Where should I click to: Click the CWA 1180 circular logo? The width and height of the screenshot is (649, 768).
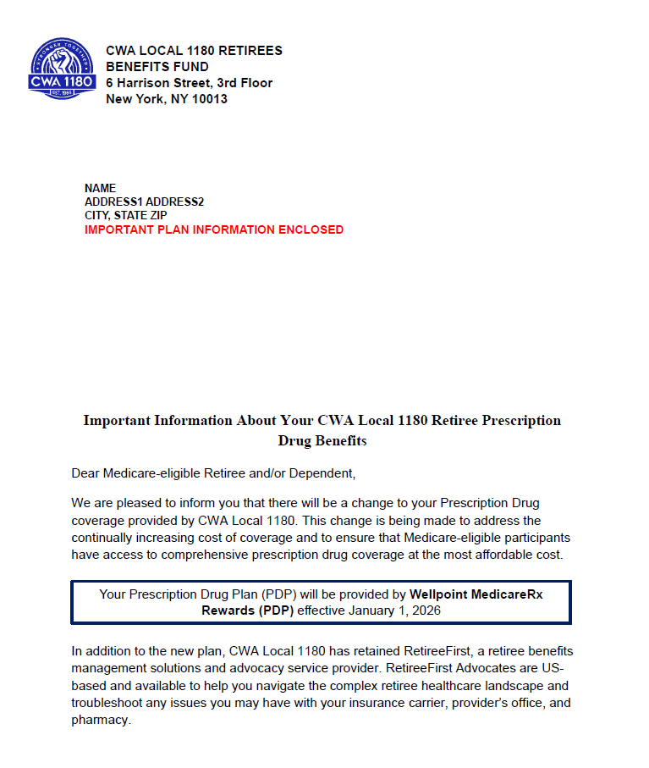pyautogui.click(x=63, y=69)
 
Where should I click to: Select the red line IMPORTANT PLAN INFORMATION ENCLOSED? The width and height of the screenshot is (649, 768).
pyautogui.click(x=214, y=229)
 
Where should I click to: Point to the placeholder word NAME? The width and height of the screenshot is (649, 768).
pyautogui.click(x=100, y=188)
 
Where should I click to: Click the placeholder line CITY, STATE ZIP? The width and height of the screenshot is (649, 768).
pyautogui.click(x=125, y=216)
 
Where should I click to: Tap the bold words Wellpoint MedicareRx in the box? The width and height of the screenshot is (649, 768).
pyautogui.click(x=476, y=594)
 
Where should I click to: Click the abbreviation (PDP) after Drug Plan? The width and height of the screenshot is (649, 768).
pyautogui.click(x=279, y=594)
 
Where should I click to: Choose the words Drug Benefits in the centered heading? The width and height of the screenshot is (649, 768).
pyautogui.click(x=322, y=441)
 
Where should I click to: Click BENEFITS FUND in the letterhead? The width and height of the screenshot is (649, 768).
pyautogui.click(x=157, y=67)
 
